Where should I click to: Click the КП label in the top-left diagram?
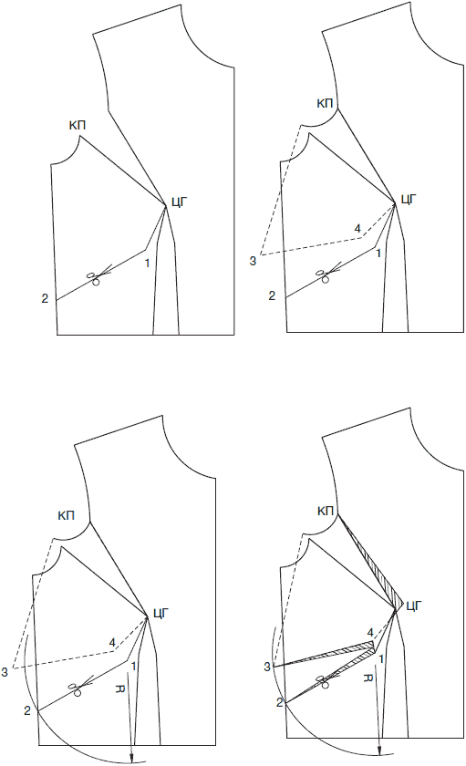coord(78,126)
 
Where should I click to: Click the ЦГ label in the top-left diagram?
coord(180,202)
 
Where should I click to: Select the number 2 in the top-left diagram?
coord(45,298)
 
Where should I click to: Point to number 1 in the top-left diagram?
coord(147,264)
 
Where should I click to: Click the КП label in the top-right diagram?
coord(325,104)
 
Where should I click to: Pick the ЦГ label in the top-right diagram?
coord(409,200)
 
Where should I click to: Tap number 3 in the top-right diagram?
coord(253,262)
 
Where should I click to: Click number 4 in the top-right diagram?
coord(357,228)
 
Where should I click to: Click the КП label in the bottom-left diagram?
coord(66,515)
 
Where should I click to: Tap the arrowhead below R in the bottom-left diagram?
coord(131,757)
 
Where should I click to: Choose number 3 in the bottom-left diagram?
coord(5,673)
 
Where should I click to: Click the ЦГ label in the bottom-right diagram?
coord(414,606)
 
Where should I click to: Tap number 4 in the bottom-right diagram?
coord(370,633)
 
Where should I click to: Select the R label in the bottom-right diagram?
coord(368,678)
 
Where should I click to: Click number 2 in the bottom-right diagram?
coord(279,702)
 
